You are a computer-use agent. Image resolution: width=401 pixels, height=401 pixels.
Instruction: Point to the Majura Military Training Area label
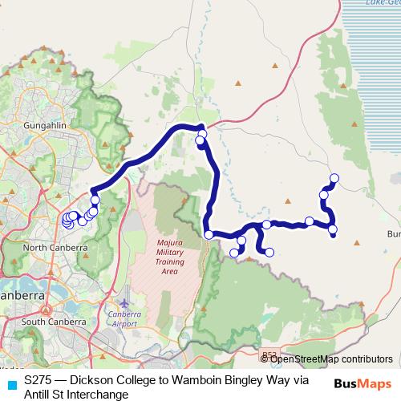[x=168, y=256]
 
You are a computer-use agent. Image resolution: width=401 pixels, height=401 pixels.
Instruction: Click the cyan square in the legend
[x=10, y=383]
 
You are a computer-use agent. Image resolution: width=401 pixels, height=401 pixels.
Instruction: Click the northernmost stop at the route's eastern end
[x=334, y=178]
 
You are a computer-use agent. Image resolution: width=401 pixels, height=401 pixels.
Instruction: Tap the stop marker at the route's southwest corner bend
[x=209, y=235]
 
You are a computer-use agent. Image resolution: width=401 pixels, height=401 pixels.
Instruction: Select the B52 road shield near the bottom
[x=269, y=354]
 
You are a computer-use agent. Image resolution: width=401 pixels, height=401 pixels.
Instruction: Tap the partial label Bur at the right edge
[x=393, y=235]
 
